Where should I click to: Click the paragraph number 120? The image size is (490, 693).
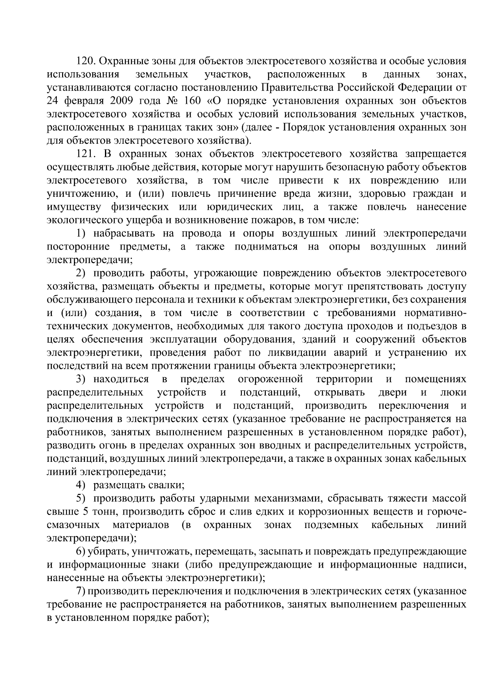(x=86, y=61)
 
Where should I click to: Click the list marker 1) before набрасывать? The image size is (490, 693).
(x=82, y=234)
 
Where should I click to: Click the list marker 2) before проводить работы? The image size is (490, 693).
(x=82, y=273)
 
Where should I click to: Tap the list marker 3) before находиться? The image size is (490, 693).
(x=82, y=379)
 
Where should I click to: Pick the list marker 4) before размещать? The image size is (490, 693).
(x=82, y=485)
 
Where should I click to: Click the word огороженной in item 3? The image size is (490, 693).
(x=270, y=379)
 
